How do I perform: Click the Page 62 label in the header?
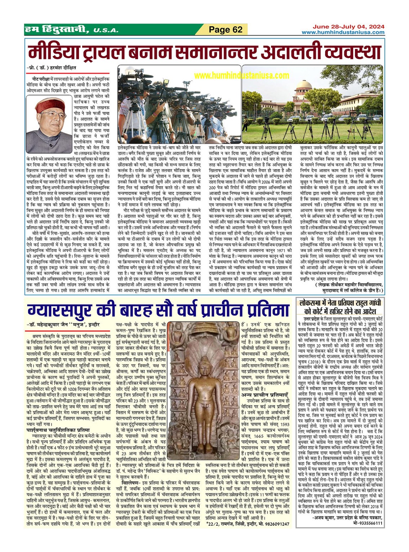pyautogui.click(x=226, y=30)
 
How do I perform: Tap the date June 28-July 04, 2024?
pyautogui.click(x=348, y=27)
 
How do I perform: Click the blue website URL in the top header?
pyautogui.click(x=343, y=32)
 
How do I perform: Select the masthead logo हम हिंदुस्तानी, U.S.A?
pyautogui.click(x=71, y=30)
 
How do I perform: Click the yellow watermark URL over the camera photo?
pyautogui.click(x=241, y=75)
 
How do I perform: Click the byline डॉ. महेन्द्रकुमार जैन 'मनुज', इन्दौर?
pyautogui.click(x=63, y=325)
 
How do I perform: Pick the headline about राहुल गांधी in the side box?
pyautogui.click(x=340, y=306)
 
